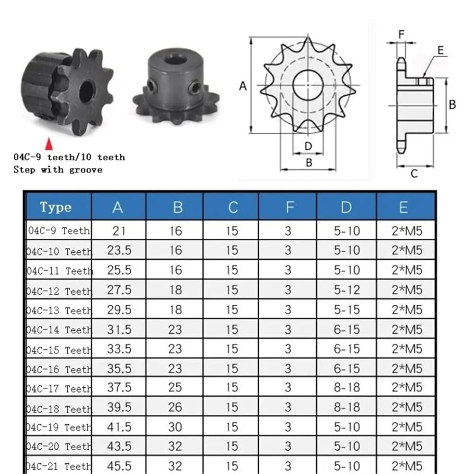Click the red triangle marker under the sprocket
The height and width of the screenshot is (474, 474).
49,144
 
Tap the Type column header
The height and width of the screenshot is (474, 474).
55,208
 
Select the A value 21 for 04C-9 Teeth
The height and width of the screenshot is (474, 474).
119,231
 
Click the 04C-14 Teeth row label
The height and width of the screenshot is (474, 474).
59,330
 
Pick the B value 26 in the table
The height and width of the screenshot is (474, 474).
175,407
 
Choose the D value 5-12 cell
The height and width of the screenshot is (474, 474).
347,290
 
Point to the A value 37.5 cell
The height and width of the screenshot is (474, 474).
119,388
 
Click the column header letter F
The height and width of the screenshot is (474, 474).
290,208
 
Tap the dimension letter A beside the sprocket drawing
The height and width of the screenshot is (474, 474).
243,86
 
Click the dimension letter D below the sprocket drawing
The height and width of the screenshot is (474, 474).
308,146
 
